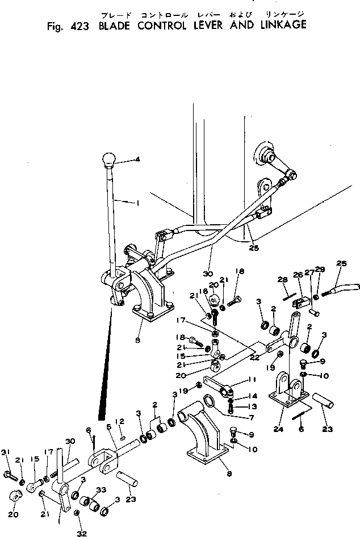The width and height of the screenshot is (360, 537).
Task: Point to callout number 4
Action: (x=137, y=160)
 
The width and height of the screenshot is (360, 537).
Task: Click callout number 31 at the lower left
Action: (x=7, y=468)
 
